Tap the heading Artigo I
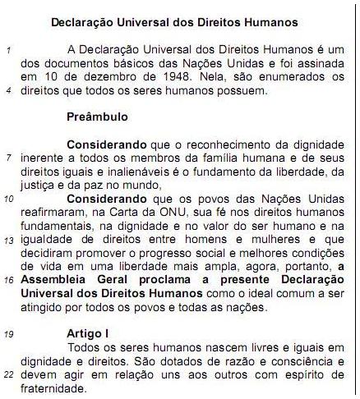(90, 333)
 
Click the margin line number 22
(7, 374)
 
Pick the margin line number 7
(7, 155)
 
